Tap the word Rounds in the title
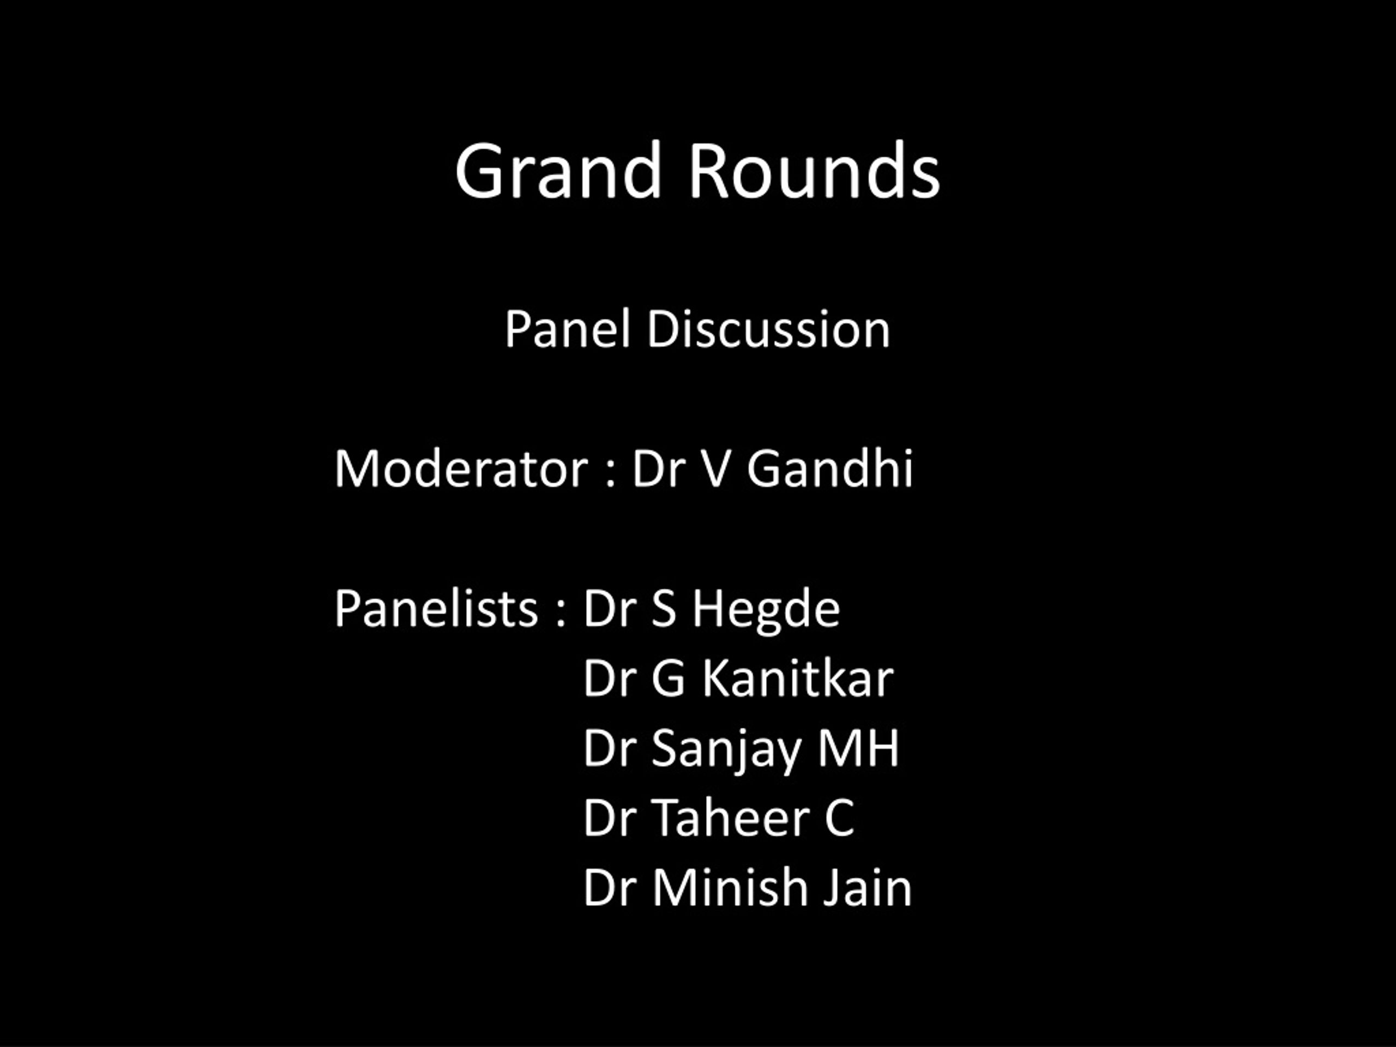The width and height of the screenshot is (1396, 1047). [814, 170]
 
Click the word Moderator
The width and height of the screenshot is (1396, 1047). [461, 468]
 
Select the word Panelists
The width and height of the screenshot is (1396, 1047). [436, 609]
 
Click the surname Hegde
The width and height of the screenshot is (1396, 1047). [766, 611]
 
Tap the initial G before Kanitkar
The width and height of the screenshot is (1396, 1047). [667, 678]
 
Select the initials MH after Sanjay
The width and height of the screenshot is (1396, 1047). [858, 748]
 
